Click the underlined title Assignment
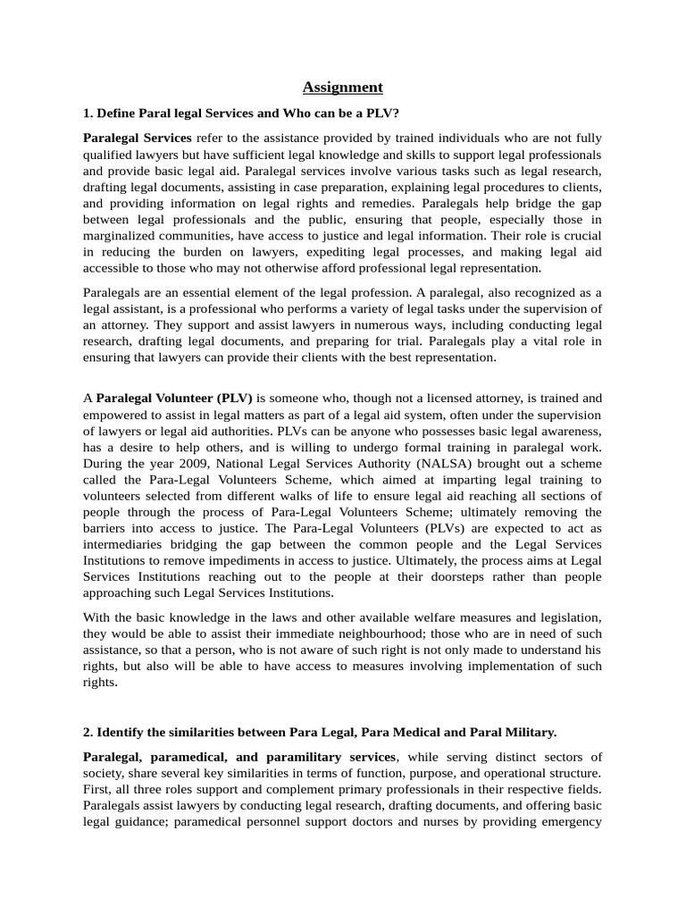(x=343, y=87)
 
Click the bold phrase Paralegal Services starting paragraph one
(x=137, y=138)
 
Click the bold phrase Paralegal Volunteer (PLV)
(x=174, y=399)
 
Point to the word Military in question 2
(x=528, y=732)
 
